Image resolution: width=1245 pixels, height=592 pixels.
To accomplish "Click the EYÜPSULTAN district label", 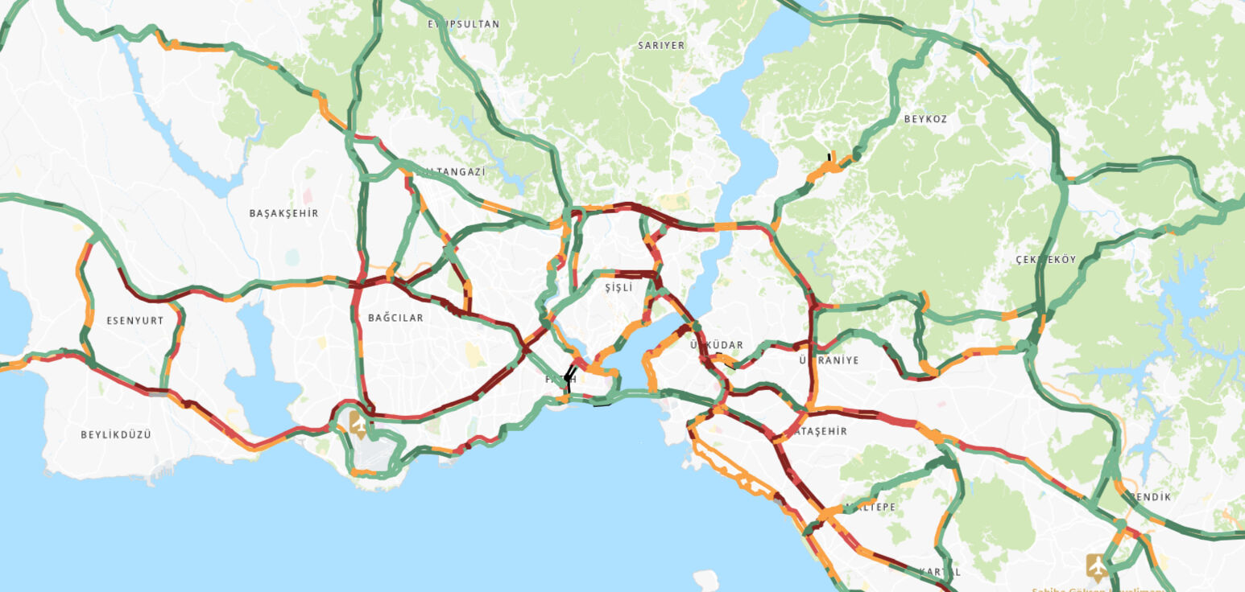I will point(463,25).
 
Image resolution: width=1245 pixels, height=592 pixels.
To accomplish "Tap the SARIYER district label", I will point(661,46).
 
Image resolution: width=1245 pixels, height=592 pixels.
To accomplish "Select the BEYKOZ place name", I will point(925,119).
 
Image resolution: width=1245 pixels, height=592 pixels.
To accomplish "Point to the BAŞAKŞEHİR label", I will point(283,214).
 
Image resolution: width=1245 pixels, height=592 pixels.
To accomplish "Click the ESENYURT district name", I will point(135,321).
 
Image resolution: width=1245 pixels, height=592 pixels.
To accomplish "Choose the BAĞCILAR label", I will point(395,319).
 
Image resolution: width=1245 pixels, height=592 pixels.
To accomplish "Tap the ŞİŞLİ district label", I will point(618,288).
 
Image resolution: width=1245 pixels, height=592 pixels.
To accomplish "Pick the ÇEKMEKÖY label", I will point(1046,260).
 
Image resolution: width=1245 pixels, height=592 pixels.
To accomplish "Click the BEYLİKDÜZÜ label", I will point(116,435).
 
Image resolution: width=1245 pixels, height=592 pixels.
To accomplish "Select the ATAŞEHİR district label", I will point(821,432).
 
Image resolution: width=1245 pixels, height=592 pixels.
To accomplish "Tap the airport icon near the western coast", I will point(357,424).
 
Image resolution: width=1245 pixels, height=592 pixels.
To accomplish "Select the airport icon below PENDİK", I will point(1096,565).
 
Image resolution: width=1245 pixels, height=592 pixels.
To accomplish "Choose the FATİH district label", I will point(560,380).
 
